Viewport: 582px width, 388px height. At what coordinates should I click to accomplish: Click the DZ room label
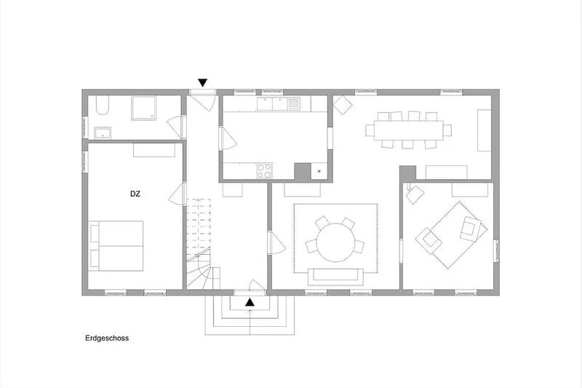coord(135,194)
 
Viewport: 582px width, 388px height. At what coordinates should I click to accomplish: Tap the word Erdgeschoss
coord(107,338)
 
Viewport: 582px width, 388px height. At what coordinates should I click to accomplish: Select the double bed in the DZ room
coord(116,246)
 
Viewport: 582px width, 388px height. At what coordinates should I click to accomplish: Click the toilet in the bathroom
coord(102,105)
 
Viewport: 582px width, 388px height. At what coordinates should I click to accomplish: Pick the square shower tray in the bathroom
coord(143,108)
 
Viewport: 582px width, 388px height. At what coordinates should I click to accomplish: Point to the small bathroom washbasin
coord(102,132)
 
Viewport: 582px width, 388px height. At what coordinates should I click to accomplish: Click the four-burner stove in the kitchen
coord(264,171)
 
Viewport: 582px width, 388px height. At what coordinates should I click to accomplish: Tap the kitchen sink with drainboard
coord(278,103)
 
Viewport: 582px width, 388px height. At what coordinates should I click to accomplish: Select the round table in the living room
coord(335,242)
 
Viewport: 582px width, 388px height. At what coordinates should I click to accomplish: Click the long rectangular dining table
coord(408,130)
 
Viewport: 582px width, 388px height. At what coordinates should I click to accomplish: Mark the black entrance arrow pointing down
coord(202,83)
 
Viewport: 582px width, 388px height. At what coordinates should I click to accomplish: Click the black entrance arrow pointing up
coord(250,303)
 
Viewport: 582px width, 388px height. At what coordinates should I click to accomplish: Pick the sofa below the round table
coord(335,276)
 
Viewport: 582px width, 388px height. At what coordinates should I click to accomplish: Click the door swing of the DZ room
coord(176,194)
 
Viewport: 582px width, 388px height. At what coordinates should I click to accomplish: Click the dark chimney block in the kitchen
coord(302,171)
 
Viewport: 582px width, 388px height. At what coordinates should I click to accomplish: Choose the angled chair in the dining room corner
coord(342,105)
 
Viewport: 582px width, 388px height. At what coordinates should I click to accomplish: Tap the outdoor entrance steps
coord(250,315)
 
